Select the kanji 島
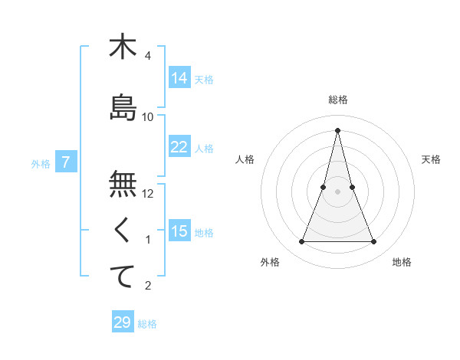click(123, 107)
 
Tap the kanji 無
click(123, 184)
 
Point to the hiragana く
click(123, 230)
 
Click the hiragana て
click(123, 276)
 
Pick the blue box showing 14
click(179, 78)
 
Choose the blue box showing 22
click(179, 147)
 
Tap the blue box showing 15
click(179, 231)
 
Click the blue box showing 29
click(123, 322)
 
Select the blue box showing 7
click(67, 162)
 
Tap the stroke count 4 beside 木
click(148, 56)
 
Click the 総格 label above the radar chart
click(338, 100)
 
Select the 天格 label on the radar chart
click(432, 159)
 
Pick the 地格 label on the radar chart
click(402, 262)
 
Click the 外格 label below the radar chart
click(270, 262)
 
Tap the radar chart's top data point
click(338, 129)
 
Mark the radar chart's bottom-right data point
click(374, 242)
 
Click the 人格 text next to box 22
click(204, 148)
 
